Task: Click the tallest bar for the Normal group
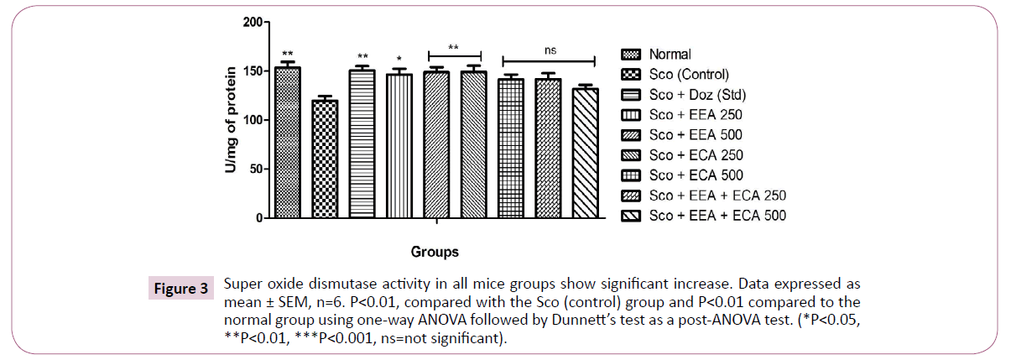click(x=288, y=143)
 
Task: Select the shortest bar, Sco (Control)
click(x=325, y=159)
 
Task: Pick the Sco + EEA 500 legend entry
click(x=696, y=134)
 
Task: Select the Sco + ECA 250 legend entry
click(x=696, y=155)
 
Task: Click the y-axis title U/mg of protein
click(x=229, y=119)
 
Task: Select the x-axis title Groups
click(x=435, y=251)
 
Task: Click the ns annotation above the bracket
click(x=550, y=50)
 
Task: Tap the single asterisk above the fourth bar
click(x=399, y=60)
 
